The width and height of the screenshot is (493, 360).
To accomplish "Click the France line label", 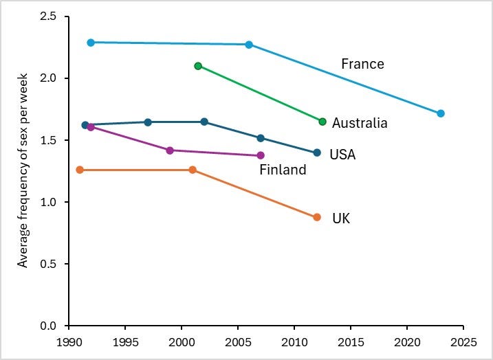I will pos(362,65).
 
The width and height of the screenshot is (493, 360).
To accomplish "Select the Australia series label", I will pos(360,124).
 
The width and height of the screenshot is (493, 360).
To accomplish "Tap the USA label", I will pos(342,155).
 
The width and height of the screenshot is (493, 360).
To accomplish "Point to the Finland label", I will pos(283,170).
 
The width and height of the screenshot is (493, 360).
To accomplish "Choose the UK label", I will pos(341,219).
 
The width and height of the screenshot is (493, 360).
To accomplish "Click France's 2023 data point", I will pos(441,113).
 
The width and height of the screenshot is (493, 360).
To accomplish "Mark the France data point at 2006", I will pos(249,45).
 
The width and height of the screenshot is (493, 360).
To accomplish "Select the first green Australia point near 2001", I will pos(198,66).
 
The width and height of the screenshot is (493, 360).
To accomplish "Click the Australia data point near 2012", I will pos(322,122).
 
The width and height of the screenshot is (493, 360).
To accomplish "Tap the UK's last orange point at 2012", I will pos(317,217).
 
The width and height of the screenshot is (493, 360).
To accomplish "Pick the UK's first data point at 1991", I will pos(80,170).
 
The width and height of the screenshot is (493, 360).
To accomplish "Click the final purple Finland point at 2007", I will pos(261,155).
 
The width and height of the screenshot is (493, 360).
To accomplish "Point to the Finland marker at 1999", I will pos(170,150).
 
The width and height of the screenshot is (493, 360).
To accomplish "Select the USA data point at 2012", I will pos(317,153).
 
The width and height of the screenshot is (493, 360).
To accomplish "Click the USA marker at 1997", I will pos(148,122).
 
